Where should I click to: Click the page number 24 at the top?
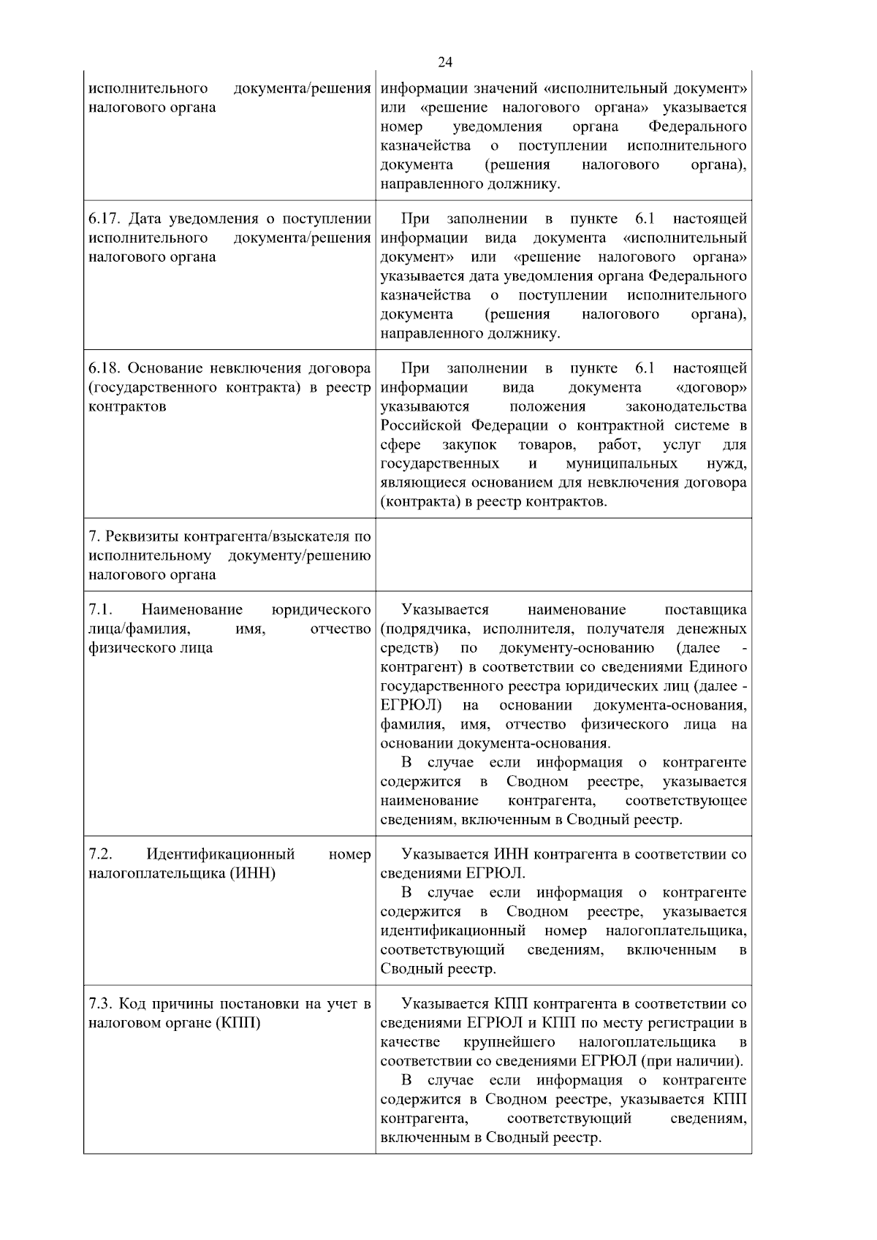445,61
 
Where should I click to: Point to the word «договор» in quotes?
712,387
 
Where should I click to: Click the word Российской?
419,425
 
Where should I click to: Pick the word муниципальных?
621,464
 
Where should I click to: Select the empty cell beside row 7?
563,555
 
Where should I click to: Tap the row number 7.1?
100,609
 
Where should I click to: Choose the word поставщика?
706,609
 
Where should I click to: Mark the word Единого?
718,666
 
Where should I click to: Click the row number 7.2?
100,854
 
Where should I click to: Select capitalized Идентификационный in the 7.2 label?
220,854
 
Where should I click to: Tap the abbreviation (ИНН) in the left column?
252,873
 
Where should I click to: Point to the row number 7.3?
100,1004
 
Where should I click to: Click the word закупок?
469,444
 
